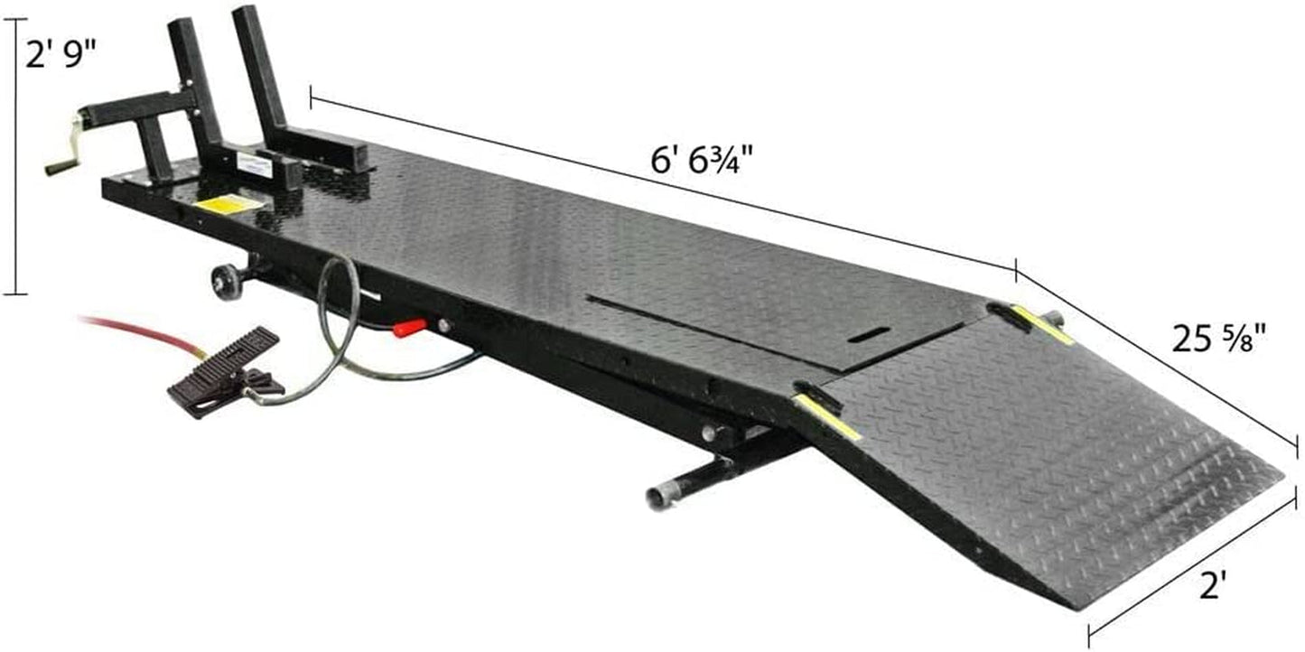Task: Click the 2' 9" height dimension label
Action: coord(59,54)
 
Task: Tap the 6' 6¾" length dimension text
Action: coord(702,159)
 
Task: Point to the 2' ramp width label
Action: coord(1213,585)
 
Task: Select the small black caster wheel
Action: coord(228,282)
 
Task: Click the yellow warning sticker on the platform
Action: coord(229,205)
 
